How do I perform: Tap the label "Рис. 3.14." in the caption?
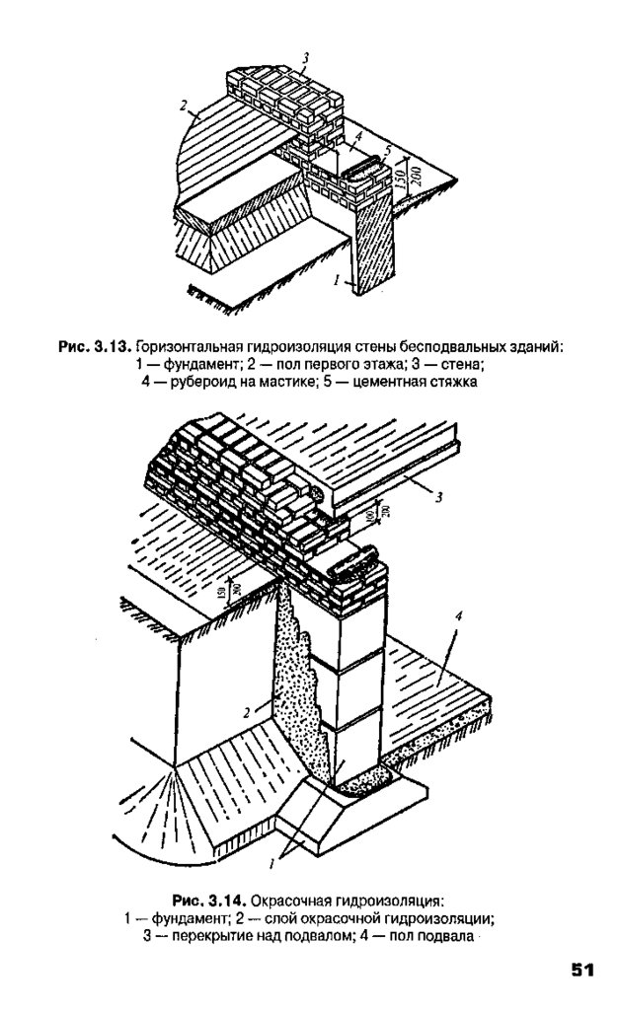[x=208, y=901]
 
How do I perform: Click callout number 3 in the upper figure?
[x=307, y=59]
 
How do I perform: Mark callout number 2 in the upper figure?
[x=184, y=105]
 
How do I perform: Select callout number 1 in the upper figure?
[x=337, y=281]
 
